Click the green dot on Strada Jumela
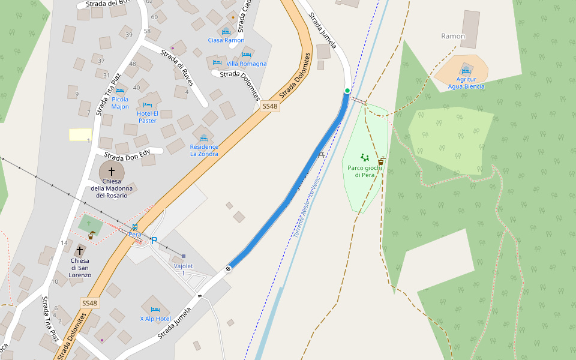pos(347,91)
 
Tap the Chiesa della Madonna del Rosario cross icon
pos(112,172)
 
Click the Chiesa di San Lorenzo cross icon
pos(80,250)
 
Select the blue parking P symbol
pos(154,241)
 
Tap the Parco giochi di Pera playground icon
pos(365,158)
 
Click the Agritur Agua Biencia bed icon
pos(466,70)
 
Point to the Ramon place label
pos(453,36)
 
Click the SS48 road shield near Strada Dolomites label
pos(270,106)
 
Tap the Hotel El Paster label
pos(148,117)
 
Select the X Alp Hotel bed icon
pos(155,310)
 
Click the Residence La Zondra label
pos(204,150)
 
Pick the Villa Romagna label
pos(247,64)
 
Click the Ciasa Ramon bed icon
pos(226,32)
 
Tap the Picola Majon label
pos(120,103)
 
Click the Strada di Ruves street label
pos(177,67)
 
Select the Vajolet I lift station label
pos(183,269)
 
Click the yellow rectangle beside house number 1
pos(80,134)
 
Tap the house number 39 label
pos(129,35)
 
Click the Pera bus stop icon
pos(134,227)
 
